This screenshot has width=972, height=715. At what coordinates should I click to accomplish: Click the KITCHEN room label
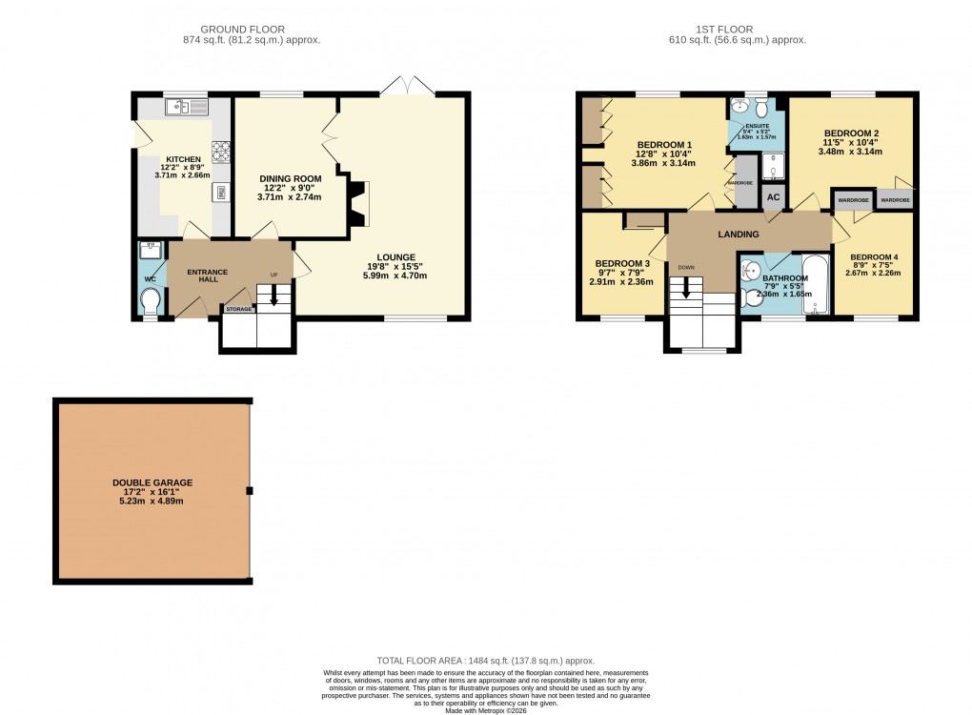(x=183, y=159)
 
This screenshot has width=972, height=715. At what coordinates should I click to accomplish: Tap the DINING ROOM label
(x=291, y=178)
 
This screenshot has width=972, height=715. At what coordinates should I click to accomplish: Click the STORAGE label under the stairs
(x=239, y=309)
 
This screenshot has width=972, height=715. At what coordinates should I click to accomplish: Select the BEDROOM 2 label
(x=851, y=133)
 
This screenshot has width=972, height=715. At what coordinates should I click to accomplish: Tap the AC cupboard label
(x=773, y=197)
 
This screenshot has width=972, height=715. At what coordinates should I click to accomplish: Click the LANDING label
(x=739, y=235)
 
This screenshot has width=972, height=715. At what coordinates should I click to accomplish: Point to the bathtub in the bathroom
(x=817, y=283)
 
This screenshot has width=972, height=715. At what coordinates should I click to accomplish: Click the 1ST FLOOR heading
(x=738, y=30)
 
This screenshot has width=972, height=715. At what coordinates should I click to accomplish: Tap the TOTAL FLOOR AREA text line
(x=486, y=660)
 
